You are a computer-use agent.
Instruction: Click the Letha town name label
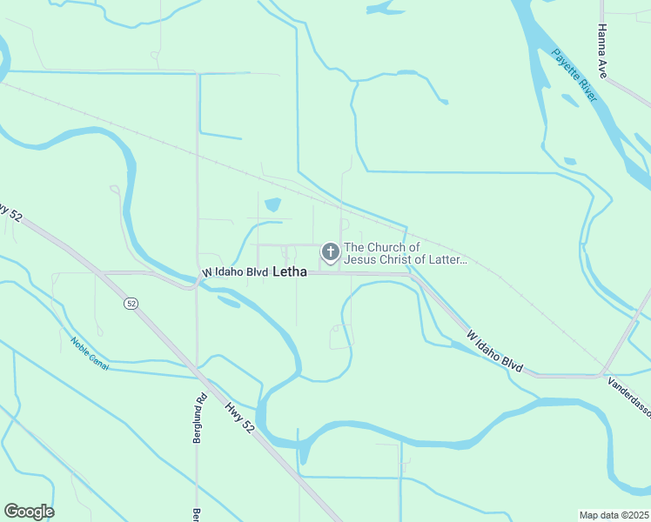click(290, 272)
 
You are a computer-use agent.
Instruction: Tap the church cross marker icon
click(330, 252)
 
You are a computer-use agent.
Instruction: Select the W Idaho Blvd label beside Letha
click(235, 272)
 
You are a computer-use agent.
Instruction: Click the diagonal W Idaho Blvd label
click(494, 351)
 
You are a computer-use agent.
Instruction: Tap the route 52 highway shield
click(131, 303)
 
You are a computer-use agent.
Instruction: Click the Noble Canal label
click(90, 354)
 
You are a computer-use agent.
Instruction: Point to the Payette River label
click(574, 75)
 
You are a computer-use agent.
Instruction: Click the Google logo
click(29, 512)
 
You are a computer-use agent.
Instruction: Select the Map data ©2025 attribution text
click(614, 515)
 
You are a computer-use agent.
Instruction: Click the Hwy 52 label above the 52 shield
click(11, 212)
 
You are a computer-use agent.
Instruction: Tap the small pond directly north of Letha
click(272, 205)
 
